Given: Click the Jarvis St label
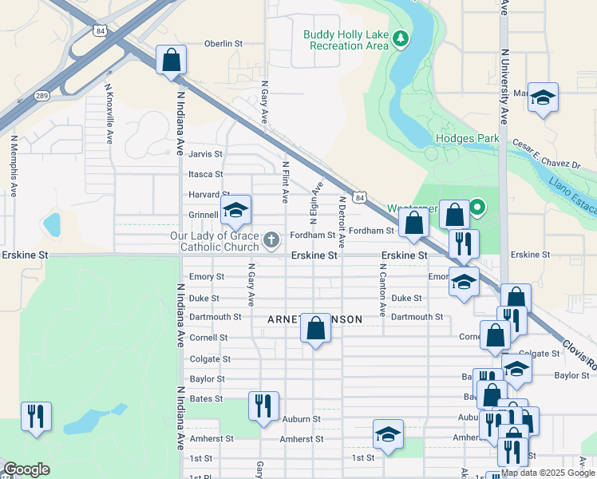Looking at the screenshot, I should [205, 153].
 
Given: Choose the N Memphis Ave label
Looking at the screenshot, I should [14, 165].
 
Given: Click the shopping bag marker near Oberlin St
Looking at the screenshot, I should [171, 60].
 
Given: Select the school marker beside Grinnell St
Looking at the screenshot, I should [235, 211].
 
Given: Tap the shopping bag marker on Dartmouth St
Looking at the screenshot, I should [316, 327].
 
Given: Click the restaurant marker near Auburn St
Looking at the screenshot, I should [263, 406].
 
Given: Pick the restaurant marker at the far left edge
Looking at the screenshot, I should [36, 416].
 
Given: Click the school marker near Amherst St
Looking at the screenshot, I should [388, 434].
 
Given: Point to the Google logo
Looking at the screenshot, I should [26, 470].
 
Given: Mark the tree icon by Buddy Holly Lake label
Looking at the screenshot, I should [402, 38].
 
